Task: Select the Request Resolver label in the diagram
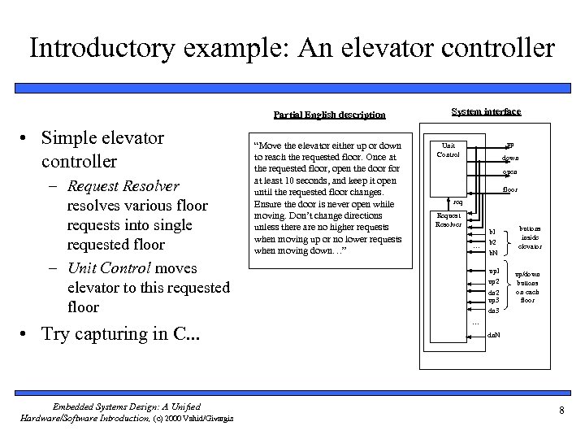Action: pos(448,219)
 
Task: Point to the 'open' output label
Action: pos(509,172)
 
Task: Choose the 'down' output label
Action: pos(509,158)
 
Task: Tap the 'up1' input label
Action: pos(493,270)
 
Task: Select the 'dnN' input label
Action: pos(493,335)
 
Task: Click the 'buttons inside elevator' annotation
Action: pos(531,237)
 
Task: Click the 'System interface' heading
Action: pos(486,111)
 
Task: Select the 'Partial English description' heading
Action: pos(329,115)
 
